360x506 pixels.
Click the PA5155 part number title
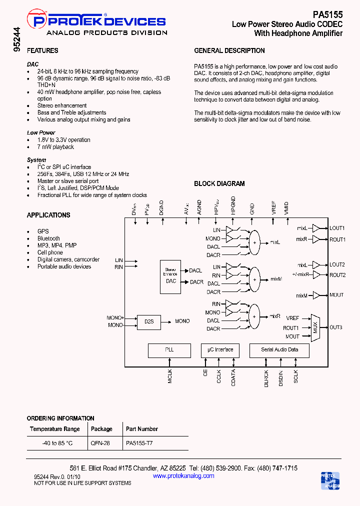(327, 15)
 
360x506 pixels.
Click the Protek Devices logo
(99, 24)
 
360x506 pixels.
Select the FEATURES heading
(42, 50)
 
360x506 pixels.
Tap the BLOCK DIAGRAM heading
(219, 183)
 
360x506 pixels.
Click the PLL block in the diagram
(169, 350)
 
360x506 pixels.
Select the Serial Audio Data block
(279, 350)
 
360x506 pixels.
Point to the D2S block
(149, 321)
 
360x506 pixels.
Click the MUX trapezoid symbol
(315, 328)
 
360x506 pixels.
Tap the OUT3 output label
(336, 327)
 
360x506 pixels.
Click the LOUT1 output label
(337, 228)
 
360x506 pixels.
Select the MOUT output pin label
(336, 295)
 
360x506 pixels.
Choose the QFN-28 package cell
(99, 443)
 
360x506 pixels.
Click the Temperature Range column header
(55, 429)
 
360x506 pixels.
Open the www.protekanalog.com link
(183, 475)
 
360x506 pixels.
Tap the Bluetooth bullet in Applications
(48, 238)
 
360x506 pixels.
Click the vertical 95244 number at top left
(17, 40)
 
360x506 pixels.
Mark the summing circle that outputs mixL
(254, 242)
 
